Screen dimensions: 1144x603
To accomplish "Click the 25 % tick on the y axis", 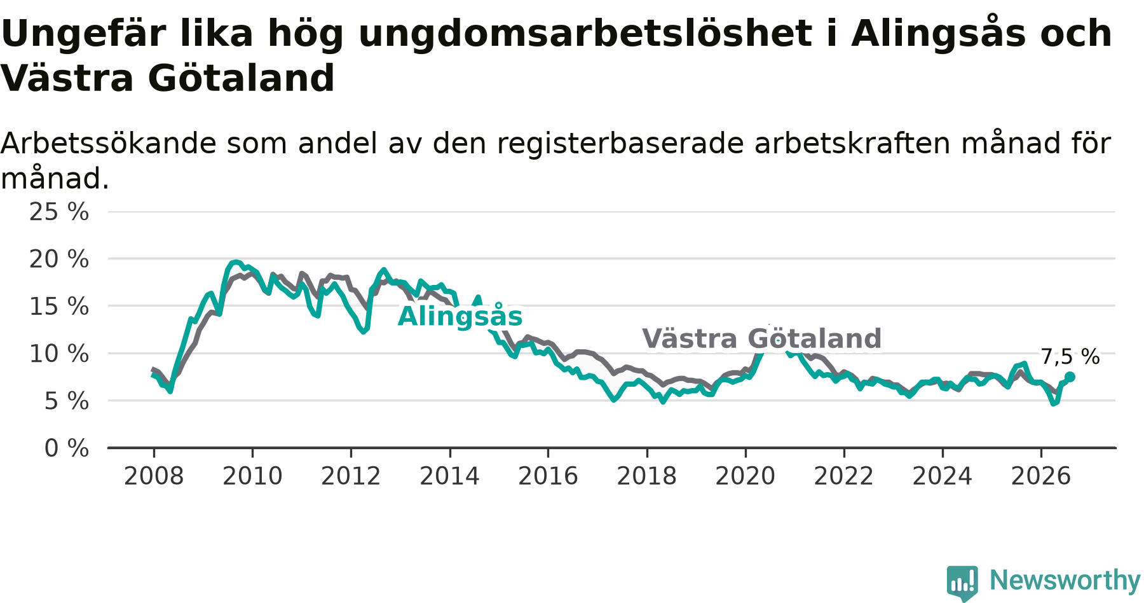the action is pos(59,212).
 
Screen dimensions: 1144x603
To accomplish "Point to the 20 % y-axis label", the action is pos(59,259).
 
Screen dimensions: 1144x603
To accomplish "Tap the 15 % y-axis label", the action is pos(59,306).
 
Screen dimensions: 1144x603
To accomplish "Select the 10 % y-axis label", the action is pos(59,354).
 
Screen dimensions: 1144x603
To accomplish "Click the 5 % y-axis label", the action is pos(67,401).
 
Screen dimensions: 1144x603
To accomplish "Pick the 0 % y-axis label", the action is pos(67,448).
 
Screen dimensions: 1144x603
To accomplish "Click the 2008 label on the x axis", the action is pos(154,476).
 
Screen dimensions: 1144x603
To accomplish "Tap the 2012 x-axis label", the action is pos(351,476).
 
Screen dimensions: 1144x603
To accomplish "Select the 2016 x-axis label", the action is pos(548,476).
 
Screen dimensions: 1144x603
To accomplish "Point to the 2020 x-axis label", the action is pos(746,476).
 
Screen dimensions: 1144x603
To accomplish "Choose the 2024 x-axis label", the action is pos(943,476).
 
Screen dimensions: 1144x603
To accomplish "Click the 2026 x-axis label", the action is pos(1041,476).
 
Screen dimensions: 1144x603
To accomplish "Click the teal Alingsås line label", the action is pos(460,315).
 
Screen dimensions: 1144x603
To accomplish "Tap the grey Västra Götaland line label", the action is pos(762,338).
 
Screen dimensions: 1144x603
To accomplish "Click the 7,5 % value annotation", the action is pos(1070,357).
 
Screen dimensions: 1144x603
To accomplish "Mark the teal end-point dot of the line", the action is pos(1070,377).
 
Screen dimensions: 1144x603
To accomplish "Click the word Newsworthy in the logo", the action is pos(1065,580).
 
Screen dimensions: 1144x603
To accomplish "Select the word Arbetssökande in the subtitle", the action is pos(109,144).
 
